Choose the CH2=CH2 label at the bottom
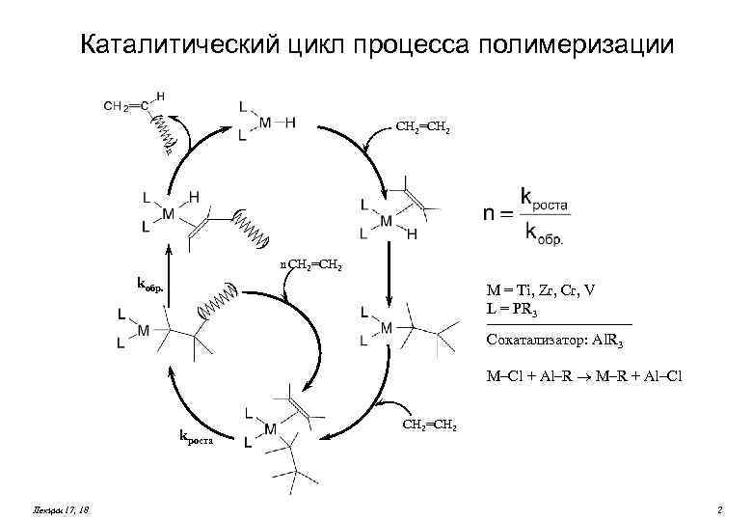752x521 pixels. (x=430, y=425)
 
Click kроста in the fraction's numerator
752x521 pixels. (x=545, y=200)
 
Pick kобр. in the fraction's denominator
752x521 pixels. (x=544, y=232)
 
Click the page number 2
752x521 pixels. (x=719, y=507)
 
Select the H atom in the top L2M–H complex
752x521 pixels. (x=289, y=123)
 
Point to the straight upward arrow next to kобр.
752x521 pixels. (x=169, y=275)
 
